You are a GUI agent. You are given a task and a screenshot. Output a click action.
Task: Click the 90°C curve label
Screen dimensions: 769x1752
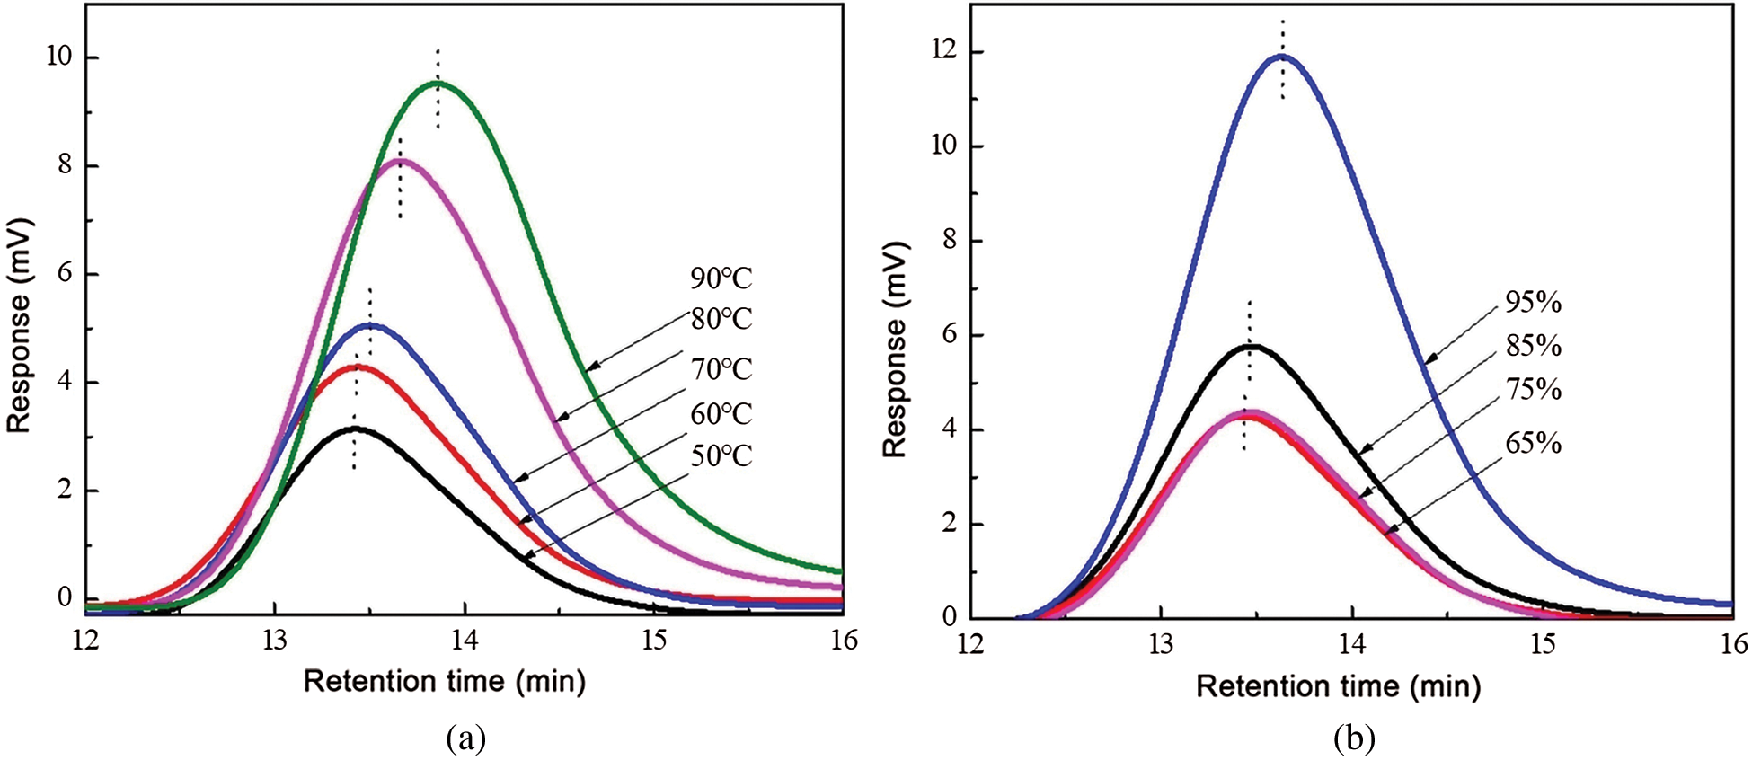coord(721,278)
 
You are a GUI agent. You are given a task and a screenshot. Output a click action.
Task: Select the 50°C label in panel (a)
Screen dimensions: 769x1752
coord(721,456)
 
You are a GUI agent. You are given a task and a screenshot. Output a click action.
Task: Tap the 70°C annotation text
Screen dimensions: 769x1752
coord(721,369)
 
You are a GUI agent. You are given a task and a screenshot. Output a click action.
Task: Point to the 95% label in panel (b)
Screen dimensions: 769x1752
coord(1533,304)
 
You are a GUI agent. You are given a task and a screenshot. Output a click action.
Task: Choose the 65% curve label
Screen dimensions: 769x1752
coord(1533,444)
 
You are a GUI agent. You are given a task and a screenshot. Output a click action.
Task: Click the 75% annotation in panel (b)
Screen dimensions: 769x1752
coord(1533,390)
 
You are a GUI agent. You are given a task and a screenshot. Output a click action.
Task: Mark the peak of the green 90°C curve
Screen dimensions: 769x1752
coord(440,83)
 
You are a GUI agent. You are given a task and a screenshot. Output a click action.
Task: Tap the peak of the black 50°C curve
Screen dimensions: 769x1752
coord(356,429)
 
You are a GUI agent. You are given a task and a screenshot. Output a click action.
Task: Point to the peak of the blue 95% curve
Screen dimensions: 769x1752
coord(1281,56)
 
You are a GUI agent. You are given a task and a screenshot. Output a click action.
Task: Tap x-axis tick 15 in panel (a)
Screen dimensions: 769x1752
coord(654,640)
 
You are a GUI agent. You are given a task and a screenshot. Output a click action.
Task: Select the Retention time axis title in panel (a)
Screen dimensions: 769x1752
coord(445,682)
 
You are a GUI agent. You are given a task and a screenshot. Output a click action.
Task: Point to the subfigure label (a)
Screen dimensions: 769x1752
coord(465,739)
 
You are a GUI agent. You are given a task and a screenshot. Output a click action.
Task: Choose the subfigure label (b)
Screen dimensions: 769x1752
coord(1355,739)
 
